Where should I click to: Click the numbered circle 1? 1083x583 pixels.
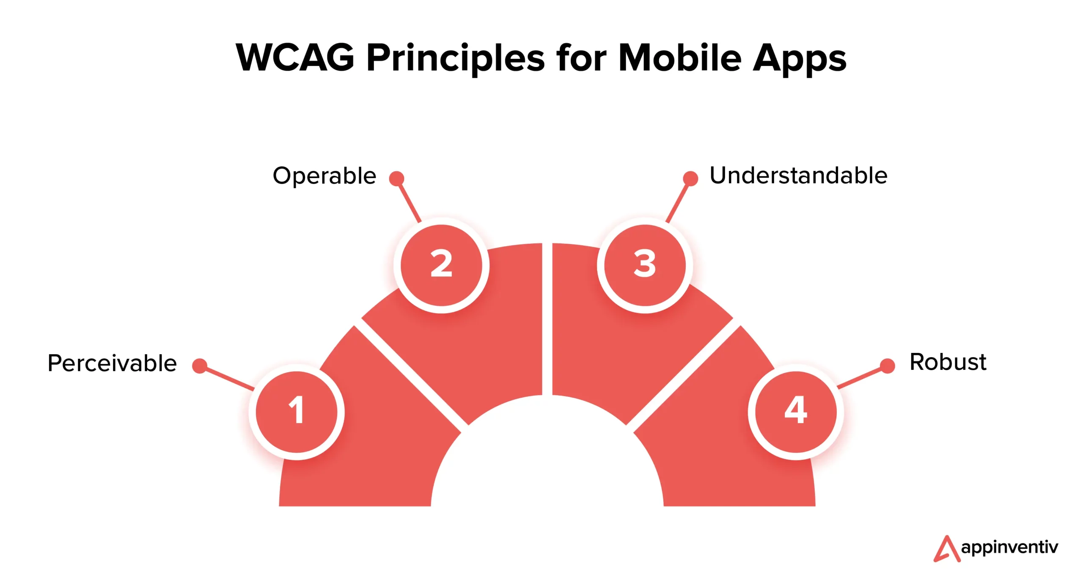point(297,412)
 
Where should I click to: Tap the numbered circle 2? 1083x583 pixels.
point(441,265)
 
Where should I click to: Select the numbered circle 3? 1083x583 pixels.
point(645,265)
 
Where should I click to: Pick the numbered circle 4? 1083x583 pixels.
point(796,412)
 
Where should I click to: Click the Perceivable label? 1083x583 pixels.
point(112,363)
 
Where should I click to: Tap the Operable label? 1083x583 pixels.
point(324,176)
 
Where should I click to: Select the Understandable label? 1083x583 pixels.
point(798,175)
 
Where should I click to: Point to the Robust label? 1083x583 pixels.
point(948,362)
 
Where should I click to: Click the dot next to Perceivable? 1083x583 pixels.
point(200,366)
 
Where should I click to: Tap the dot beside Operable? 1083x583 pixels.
point(396,179)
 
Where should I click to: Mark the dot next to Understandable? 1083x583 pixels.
point(690,179)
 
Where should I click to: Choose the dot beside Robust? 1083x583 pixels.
point(887,366)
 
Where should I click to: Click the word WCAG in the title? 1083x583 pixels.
point(295,58)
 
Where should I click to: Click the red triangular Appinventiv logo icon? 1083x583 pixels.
point(947,549)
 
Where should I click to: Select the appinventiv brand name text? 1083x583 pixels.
point(1009,548)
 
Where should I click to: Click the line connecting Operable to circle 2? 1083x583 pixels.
point(409,201)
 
